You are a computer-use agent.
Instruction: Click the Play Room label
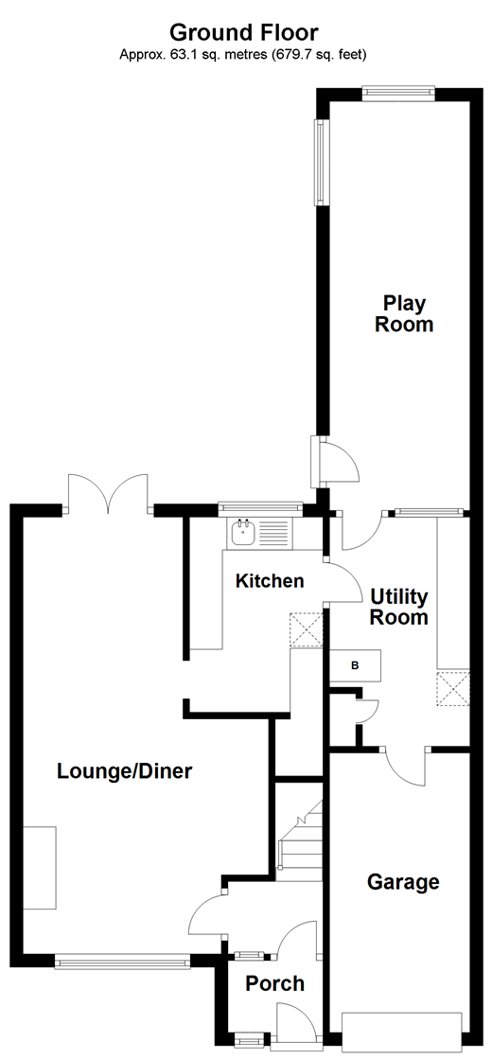[x=404, y=314]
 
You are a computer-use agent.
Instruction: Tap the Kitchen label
[x=270, y=581]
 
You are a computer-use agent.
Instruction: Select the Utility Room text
[x=399, y=608]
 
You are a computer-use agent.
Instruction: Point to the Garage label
[x=403, y=882]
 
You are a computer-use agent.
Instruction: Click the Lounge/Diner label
[x=125, y=771]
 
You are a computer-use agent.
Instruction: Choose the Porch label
[x=275, y=984]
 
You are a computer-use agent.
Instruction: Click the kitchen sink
[x=243, y=532]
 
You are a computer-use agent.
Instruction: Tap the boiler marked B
[x=355, y=665]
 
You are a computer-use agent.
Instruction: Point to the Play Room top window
[x=398, y=93]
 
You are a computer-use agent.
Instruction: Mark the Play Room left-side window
[x=321, y=163]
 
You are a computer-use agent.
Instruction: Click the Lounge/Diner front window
[x=123, y=962]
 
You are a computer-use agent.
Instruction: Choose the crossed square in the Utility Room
[x=453, y=688]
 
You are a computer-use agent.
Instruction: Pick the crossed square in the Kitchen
[x=307, y=629]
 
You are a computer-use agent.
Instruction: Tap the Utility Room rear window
[x=425, y=513]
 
